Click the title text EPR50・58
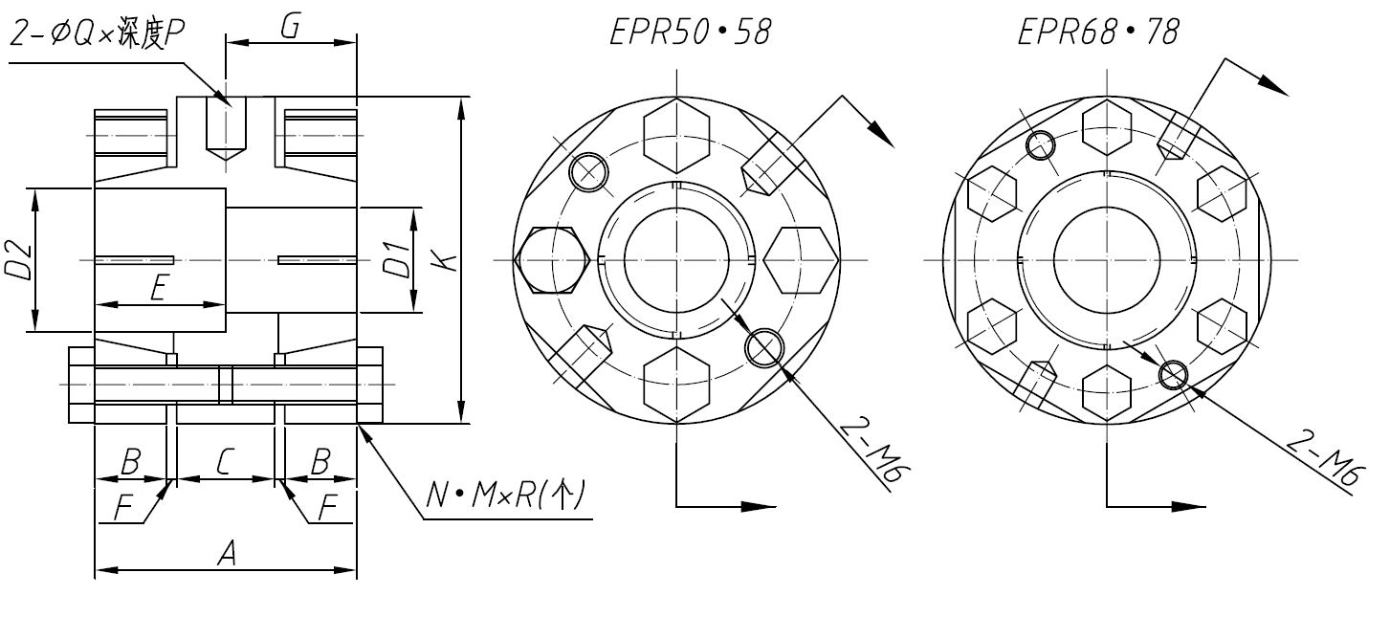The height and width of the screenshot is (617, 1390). [x=690, y=33]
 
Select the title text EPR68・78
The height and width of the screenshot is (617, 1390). [x=1097, y=33]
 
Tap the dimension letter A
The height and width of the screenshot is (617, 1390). [x=226, y=552]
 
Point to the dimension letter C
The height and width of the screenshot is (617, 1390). [x=224, y=462]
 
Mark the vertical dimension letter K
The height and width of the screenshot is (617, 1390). [x=443, y=259]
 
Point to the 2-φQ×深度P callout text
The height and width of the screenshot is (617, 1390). [x=96, y=35]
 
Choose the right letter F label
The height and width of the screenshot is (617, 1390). [x=327, y=509]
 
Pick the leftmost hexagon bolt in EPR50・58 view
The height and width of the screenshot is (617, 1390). [x=550, y=260]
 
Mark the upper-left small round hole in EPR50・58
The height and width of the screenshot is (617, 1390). [x=588, y=172]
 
